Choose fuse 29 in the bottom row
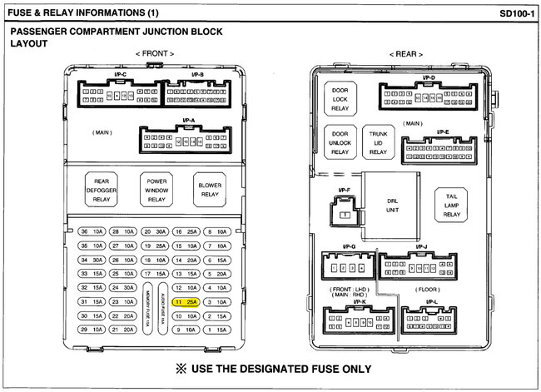[89, 330]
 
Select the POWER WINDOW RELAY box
[156, 190]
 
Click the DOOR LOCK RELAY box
[340, 98]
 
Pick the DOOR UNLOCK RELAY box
[340, 142]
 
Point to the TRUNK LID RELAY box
[379, 142]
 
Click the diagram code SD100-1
[516, 14]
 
